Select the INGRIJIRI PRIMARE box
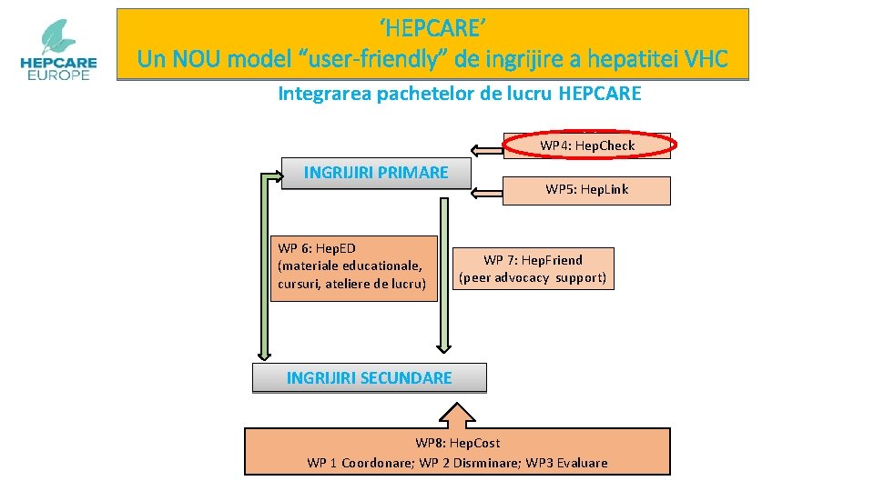point(375,173)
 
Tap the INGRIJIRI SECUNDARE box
point(369,377)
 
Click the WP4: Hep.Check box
point(587,145)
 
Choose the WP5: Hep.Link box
point(586,190)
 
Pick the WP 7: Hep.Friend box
point(533,268)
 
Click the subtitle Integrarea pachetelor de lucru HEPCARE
point(459,94)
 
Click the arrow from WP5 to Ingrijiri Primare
point(487,192)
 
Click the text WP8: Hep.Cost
point(457,444)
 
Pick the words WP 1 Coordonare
point(359,463)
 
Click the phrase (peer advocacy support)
point(533,277)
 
